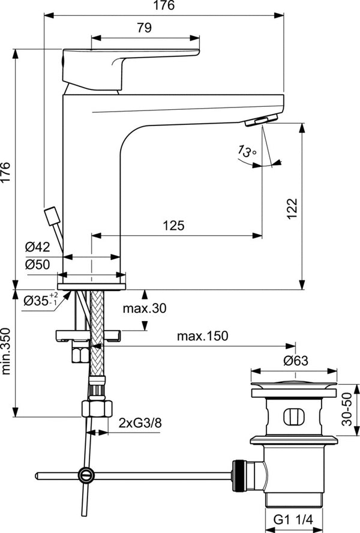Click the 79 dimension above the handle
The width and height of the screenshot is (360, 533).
coord(145,27)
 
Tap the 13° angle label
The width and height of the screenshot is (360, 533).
coord(247,152)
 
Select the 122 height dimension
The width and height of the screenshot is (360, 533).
coord(292,208)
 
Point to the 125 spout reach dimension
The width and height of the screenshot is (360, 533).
coord(173,226)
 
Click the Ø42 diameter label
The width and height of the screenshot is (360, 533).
coord(37,247)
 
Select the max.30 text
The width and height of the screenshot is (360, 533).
coord(145,309)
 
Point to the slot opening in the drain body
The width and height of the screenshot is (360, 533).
coord(292,415)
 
